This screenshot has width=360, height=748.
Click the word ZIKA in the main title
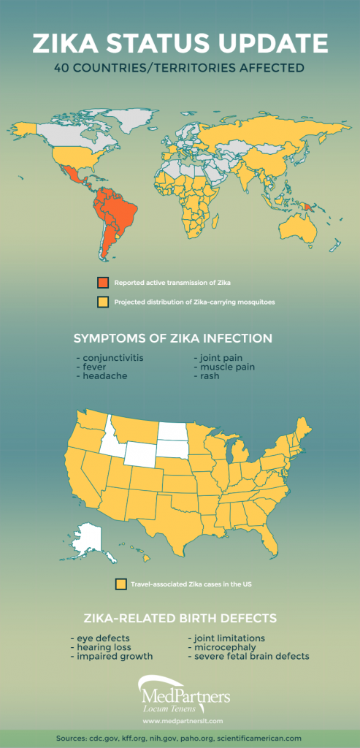point(70,44)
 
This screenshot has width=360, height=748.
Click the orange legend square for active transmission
point(103,283)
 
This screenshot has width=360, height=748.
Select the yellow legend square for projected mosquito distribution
point(103,301)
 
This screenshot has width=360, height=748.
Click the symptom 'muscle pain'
point(223,367)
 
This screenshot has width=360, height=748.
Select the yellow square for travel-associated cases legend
point(120,584)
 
